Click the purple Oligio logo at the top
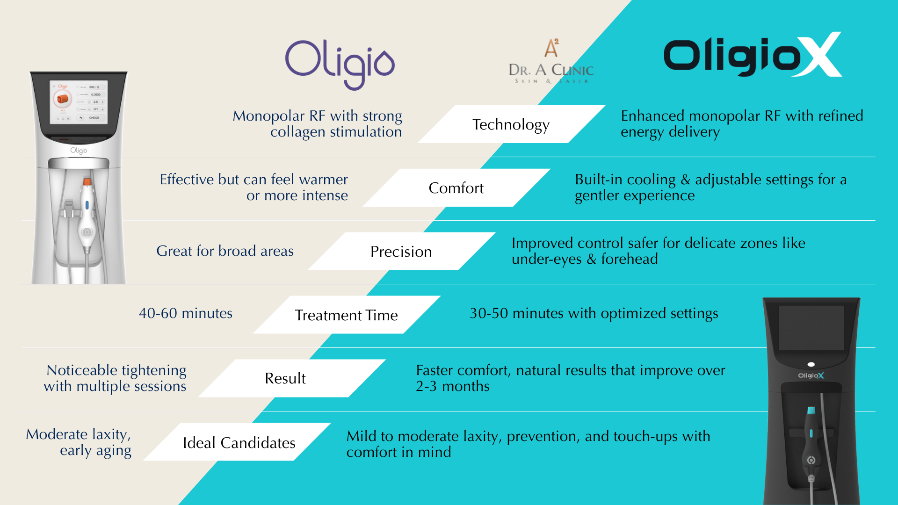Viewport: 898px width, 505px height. pyautogui.click(x=340, y=65)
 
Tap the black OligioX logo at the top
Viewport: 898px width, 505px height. pyautogui.click(x=753, y=55)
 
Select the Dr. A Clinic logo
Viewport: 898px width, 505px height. pyautogui.click(x=551, y=61)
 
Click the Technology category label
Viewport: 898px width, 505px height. pyautogui.click(x=511, y=125)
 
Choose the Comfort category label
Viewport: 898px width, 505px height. pyautogui.click(x=456, y=188)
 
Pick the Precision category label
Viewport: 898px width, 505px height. pyautogui.click(x=401, y=252)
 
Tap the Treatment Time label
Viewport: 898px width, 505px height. pyautogui.click(x=346, y=315)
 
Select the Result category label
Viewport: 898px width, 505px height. pyautogui.click(x=285, y=378)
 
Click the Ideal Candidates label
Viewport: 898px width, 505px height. pyautogui.click(x=239, y=442)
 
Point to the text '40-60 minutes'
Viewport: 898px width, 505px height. pyautogui.click(x=186, y=313)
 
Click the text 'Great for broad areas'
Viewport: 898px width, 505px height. pyautogui.click(x=225, y=251)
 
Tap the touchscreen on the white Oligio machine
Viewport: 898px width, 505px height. pyautogui.click(x=79, y=101)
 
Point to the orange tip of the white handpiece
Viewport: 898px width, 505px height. pyautogui.click(x=87, y=181)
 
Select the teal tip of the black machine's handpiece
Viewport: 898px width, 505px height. pyautogui.click(x=811, y=411)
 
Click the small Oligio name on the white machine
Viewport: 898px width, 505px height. pyautogui.click(x=79, y=151)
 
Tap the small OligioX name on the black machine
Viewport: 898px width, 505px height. pyautogui.click(x=811, y=375)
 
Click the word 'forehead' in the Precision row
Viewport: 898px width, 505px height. pyautogui.click(x=630, y=259)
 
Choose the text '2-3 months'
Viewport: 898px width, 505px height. pyautogui.click(x=453, y=387)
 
